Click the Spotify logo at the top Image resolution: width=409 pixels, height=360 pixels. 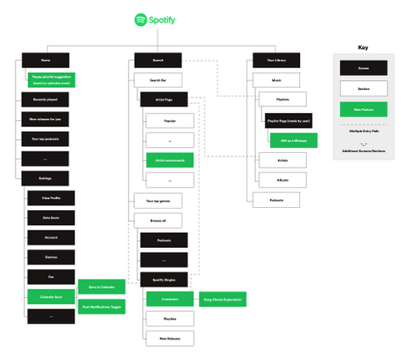[x=156, y=19]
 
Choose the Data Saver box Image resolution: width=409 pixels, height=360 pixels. [x=51, y=218]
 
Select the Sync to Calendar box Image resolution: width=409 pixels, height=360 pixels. [x=102, y=286]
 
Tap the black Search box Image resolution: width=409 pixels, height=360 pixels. [x=159, y=61]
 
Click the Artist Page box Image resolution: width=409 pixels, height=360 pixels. [x=164, y=100]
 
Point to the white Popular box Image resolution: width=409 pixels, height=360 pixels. [x=170, y=119]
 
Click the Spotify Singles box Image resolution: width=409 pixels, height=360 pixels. [x=164, y=279]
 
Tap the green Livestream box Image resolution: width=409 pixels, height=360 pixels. [x=170, y=299]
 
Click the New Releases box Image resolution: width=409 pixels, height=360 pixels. [x=170, y=337]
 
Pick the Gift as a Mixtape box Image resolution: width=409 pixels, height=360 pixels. [x=288, y=139]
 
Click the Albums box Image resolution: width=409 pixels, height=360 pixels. [x=282, y=178]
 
